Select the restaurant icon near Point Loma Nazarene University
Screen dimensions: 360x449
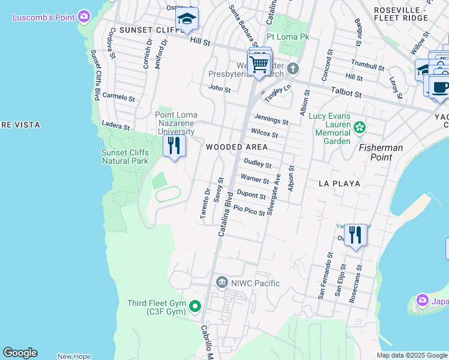pyautogui.click(x=174, y=146)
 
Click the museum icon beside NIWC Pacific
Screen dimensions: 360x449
pyautogui.click(x=221, y=283)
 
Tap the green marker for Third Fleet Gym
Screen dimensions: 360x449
pyautogui.click(x=194, y=307)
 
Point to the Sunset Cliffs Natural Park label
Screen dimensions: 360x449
pyautogui.click(x=124, y=157)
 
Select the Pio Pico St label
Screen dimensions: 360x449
pyautogui.click(x=249, y=210)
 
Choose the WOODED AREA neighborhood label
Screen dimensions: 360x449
pyautogui.click(x=237, y=147)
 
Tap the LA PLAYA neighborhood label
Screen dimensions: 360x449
pyautogui.click(x=339, y=184)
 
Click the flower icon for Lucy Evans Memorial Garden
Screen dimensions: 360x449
pyautogui.click(x=360, y=127)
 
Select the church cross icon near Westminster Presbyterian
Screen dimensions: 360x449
pyautogui.click(x=292, y=68)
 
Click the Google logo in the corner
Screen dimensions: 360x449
pyautogui.click(x=20, y=353)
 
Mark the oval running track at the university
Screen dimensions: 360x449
pyautogui.click(x=167, y=194)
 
